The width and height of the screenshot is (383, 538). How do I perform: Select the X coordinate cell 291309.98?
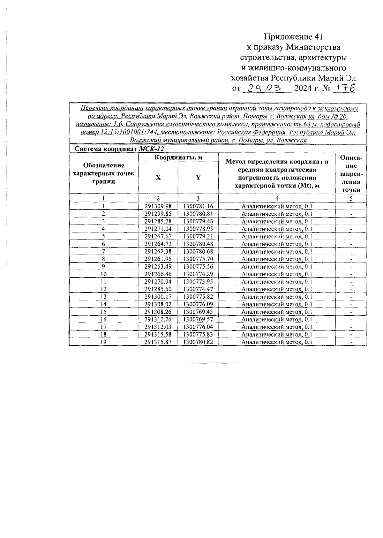158,206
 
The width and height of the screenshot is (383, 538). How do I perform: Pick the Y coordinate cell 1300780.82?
198,342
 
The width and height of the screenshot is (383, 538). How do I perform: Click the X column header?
158,177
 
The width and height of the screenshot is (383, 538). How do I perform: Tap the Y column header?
198,177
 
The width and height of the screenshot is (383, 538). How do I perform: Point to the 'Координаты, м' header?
178,157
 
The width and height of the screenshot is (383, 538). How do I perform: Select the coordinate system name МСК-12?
152,149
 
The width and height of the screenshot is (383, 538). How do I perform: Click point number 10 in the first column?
103,274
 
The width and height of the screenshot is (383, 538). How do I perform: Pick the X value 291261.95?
158,259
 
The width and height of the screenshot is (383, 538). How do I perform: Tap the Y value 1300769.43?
198,312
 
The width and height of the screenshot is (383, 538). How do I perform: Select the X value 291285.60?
158,289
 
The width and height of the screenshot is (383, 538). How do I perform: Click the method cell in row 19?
277,342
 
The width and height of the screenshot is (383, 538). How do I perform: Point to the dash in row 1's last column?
351,207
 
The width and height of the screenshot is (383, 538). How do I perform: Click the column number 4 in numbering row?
277,198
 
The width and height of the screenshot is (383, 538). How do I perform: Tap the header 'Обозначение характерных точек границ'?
104,173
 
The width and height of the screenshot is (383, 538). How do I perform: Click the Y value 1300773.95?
198,282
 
